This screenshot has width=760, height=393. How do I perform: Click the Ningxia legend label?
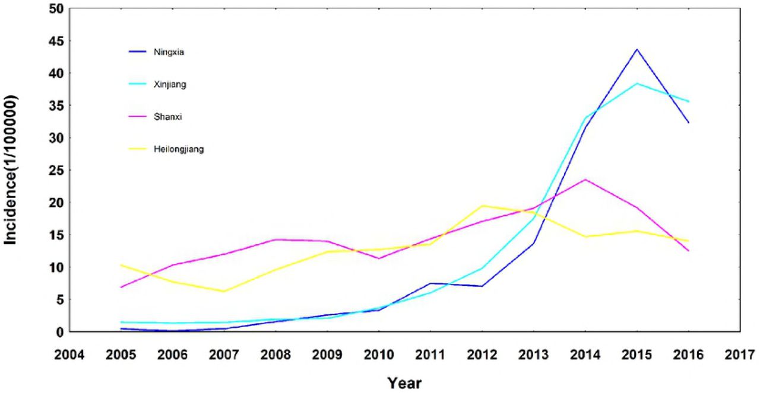coord(169,52)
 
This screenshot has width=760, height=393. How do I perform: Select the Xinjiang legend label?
coord(170,84)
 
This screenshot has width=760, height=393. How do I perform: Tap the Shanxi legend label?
coord(167,117)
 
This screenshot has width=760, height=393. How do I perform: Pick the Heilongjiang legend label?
coord(179,149)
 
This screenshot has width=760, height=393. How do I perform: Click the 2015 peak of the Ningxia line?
coord(637,49)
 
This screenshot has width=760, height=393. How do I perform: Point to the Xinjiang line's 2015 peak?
coord(637,84)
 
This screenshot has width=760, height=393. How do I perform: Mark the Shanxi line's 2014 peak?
coord(585,180)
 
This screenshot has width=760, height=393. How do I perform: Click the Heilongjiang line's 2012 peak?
coord(482,206)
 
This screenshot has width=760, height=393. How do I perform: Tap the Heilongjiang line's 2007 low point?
coord(224,292)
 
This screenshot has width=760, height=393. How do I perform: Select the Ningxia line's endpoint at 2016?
coord(688,123)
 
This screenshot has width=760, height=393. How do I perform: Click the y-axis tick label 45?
coord(56,41)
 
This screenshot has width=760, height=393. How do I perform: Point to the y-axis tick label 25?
coord(56,170)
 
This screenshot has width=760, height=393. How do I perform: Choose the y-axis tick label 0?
coord(60,333)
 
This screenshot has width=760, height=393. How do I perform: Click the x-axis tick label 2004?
coord(69,354)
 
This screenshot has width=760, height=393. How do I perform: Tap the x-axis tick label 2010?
coord(379,354)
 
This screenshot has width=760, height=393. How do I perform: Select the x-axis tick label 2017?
coord(740,354)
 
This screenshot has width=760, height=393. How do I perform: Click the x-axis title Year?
coord(405,383)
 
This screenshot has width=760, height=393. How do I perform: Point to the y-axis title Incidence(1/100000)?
coord(10,170)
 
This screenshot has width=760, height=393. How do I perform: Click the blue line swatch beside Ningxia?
coord(137,52)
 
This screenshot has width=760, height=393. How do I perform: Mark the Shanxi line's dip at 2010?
coord(379,258)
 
